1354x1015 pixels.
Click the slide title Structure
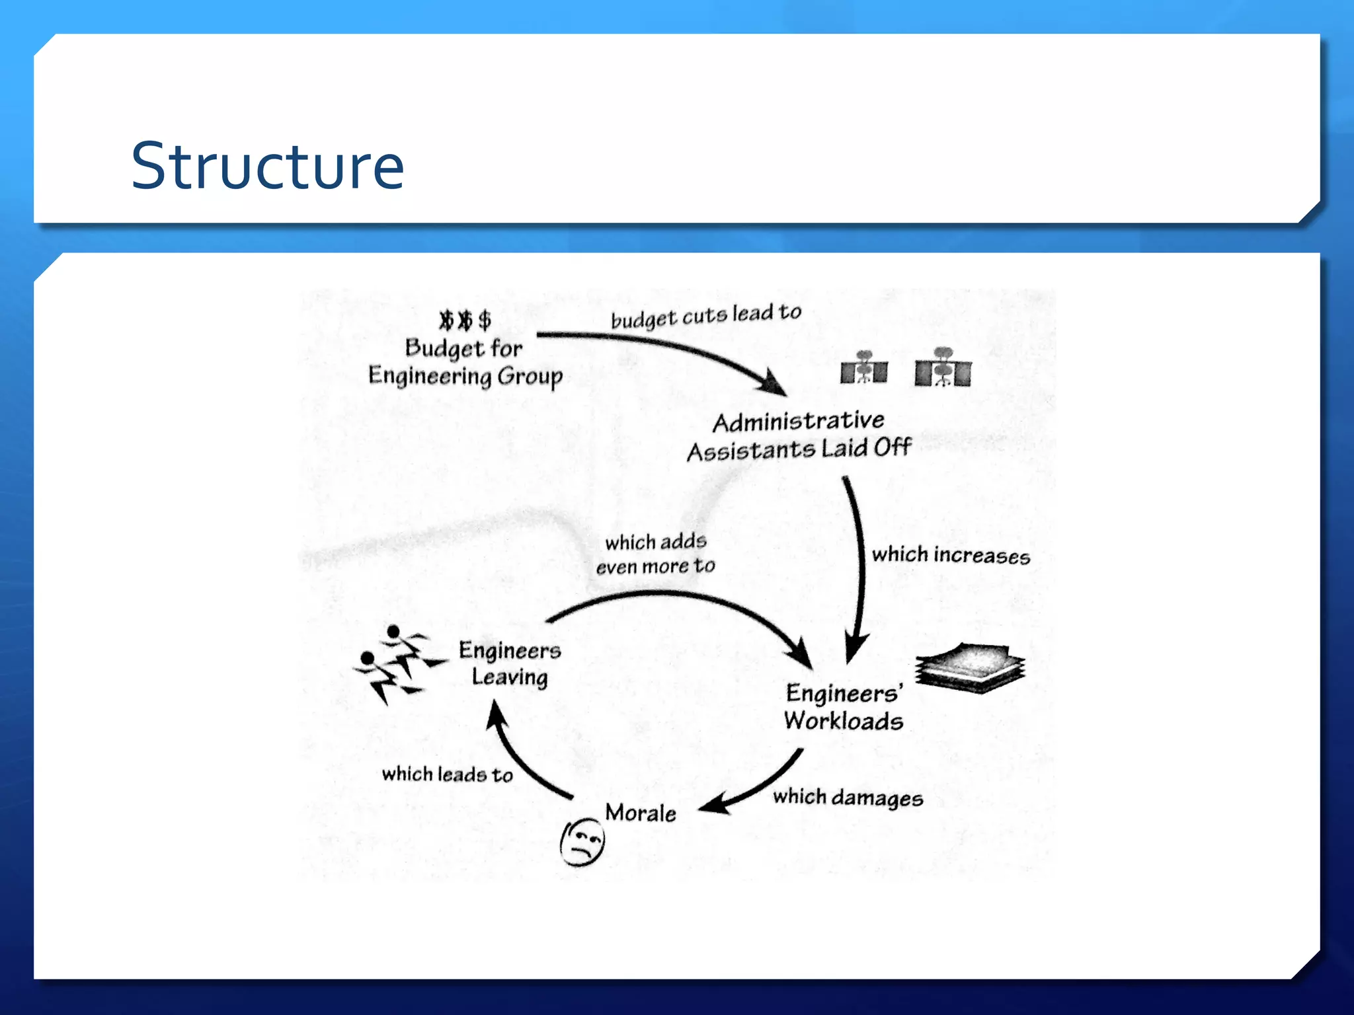[267, 166]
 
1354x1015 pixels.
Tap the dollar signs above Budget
[465, 320]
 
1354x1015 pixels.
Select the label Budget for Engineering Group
[465, 362]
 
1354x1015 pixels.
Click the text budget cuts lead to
[705, 316]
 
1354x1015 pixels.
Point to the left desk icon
[863, 368]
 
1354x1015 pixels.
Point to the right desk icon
[943, 368]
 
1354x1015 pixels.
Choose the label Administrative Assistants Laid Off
[799, 435]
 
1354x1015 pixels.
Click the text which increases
[950, 555]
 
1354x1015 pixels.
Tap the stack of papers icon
[970, 669]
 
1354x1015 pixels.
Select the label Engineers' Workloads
[843, 706]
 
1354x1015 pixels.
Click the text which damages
[848, 798]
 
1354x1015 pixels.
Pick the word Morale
[640, 813]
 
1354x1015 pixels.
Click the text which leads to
[448, 774]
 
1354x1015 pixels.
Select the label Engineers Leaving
[510, 663]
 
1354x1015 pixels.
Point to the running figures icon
[396, 663]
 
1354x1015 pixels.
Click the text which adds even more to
[655, 554]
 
